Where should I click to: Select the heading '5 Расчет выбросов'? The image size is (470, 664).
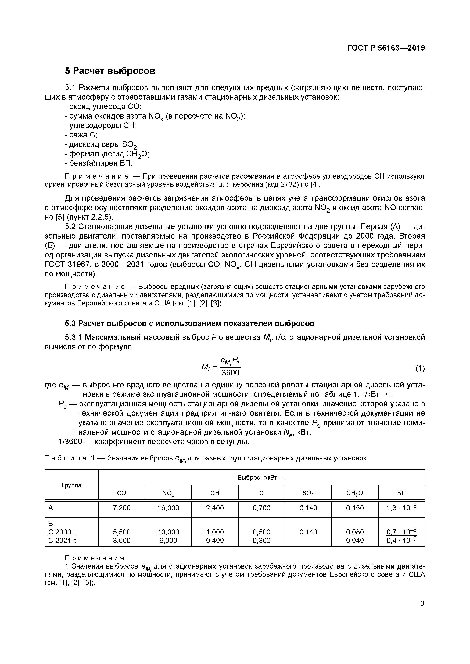coord(110,71)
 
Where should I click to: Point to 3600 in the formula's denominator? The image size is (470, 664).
coord(230,373)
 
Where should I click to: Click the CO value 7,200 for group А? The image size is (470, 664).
coord(122,508)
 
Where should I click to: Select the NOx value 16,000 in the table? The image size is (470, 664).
coord(168,508)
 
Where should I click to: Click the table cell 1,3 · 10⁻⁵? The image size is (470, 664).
coord(401,508)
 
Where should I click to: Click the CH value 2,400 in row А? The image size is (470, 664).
coord(215,508)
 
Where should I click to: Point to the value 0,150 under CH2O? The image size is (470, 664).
coord(355,508)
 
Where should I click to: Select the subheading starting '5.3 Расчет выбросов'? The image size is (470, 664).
coord(190,323)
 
